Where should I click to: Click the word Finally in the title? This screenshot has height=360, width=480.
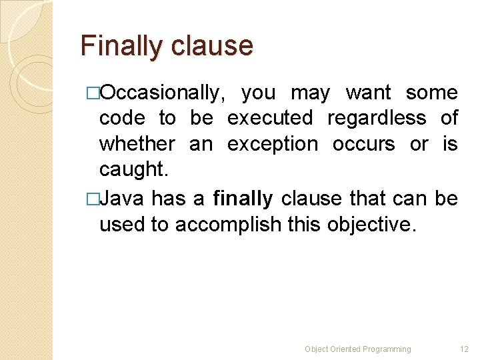[x=121, y=47]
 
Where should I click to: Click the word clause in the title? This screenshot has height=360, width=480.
[x=212, y=47]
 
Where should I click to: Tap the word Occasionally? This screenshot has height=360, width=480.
[x=163, y=93]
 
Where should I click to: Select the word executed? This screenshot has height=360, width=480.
[x=270, y=119]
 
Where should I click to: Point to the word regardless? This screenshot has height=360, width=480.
[x=377, y=119]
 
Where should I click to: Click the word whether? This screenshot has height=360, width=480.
[x=137, y=144]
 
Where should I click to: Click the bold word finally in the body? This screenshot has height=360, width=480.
[x=243, y=199]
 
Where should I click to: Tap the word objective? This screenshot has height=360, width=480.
[x=371, y=225]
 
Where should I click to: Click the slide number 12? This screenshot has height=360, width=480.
[x=464, y=349]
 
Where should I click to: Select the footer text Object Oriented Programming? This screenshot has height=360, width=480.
[x=358, y=349]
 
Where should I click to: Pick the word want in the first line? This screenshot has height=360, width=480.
[x=369, y=93]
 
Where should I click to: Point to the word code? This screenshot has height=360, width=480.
[x=122, y=119]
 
